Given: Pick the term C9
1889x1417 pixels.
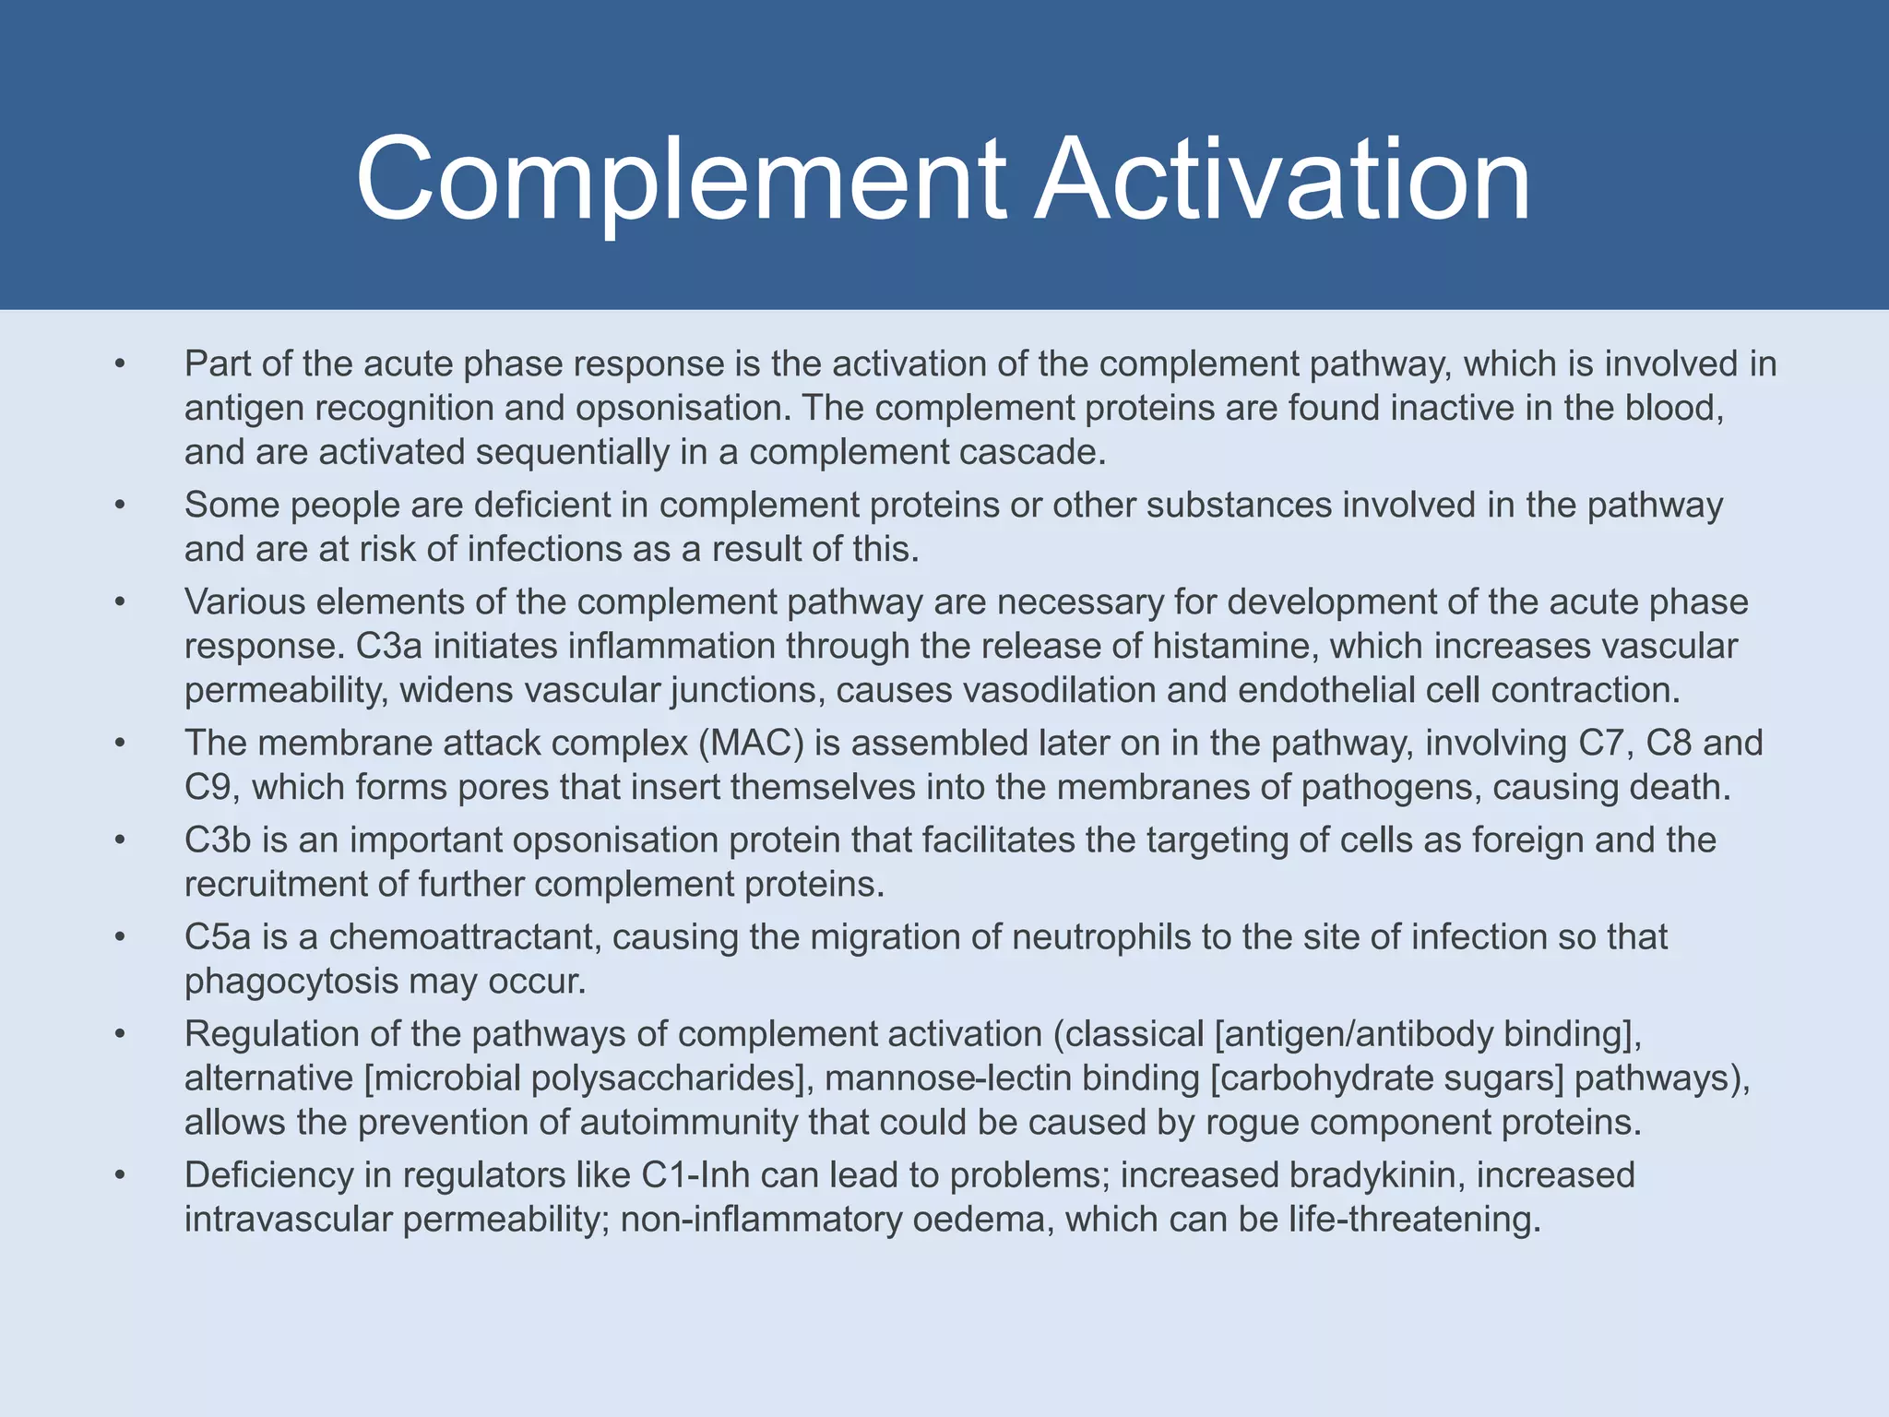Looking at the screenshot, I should click(211, 787).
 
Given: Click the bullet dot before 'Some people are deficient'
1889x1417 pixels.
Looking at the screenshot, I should click(119, 506).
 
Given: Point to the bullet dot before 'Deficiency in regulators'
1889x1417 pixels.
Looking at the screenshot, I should click(119, 1176).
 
